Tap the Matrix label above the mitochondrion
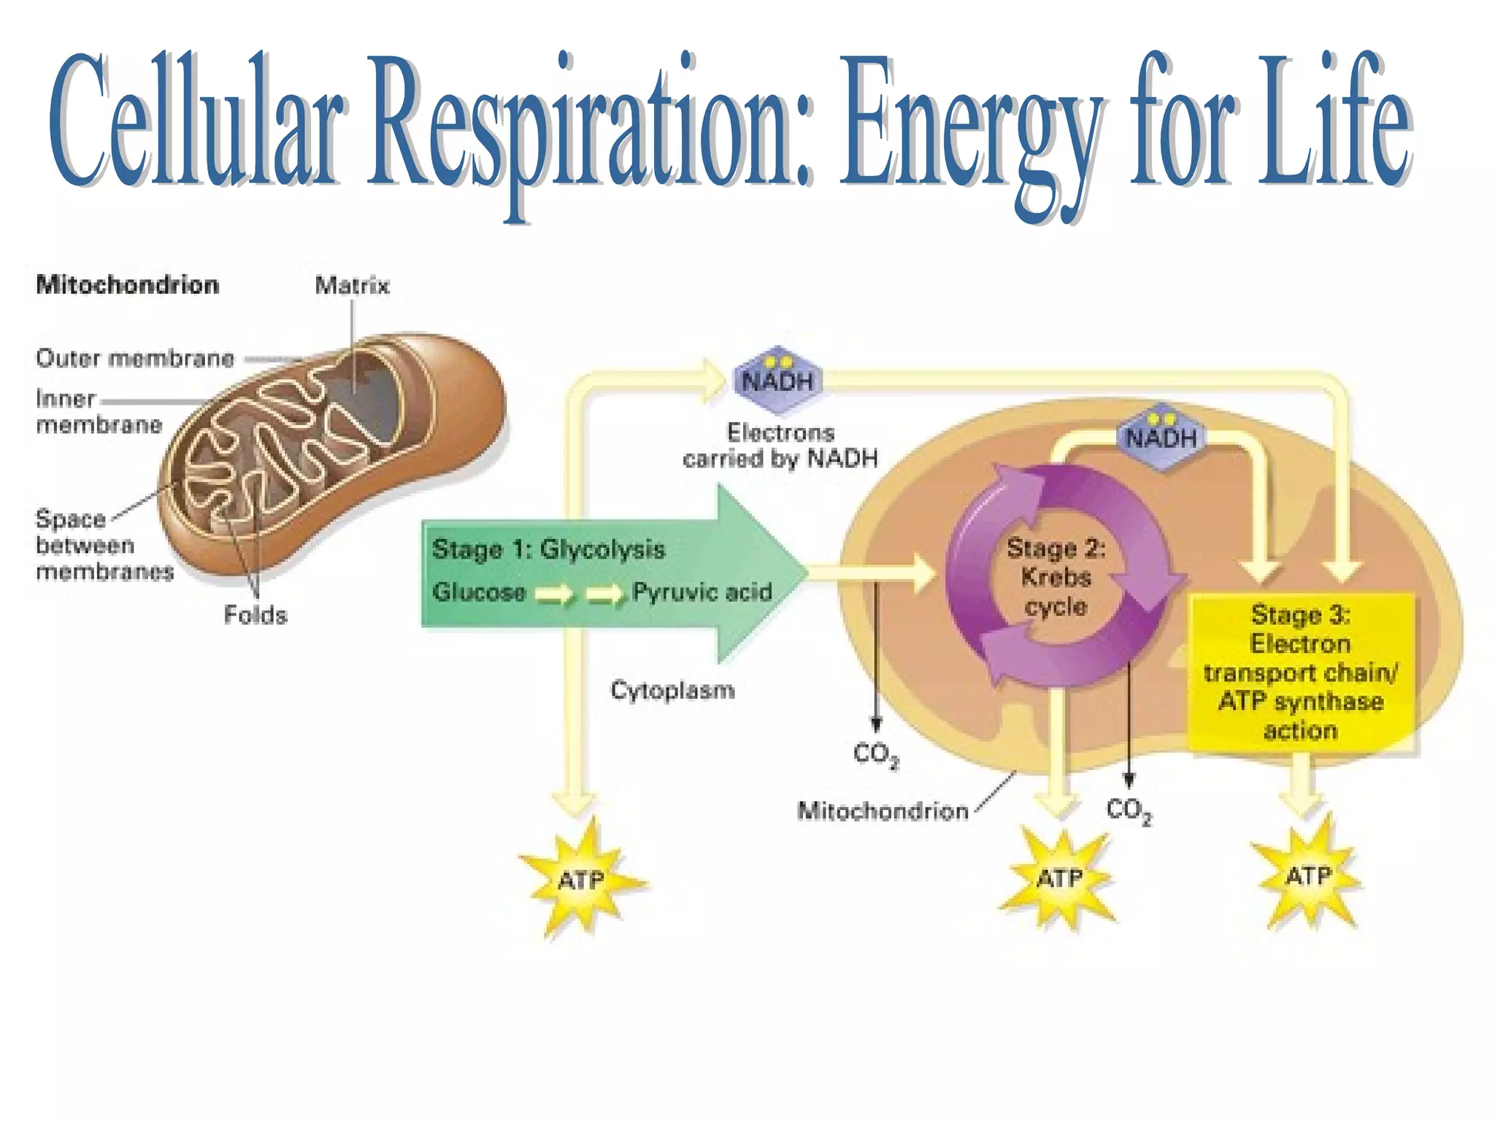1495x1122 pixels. click(352, 285)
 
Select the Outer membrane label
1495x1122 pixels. click(135, 358)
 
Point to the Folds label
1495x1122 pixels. click(255, 615)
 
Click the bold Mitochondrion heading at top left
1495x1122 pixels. click(128, 284)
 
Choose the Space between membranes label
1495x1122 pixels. click(104, 545)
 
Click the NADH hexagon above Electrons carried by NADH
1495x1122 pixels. click(777, 380)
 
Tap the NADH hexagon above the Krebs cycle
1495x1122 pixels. click(1161, 437)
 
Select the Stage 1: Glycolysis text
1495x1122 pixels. click(548, 549)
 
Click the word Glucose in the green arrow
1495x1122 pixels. click(479, 592)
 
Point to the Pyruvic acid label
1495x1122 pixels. click(702, 592)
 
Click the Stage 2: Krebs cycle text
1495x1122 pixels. click(1056, 577)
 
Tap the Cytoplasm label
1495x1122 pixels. click(672, 690)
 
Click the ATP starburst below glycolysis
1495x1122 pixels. click(581, 879)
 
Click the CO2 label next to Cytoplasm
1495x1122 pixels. click(875, 754)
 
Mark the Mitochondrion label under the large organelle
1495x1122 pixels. click(883, 811)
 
